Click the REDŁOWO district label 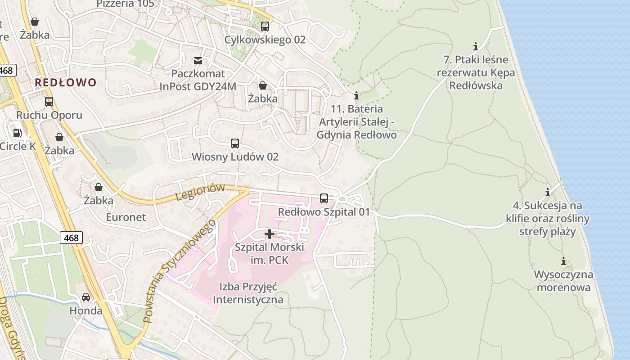66,82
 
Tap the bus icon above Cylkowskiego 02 265,27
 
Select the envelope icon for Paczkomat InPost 198,60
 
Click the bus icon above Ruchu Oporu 49,102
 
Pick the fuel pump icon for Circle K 18,133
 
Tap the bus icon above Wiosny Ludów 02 235,144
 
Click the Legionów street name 200,192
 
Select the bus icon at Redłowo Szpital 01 324,198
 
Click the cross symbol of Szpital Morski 270,234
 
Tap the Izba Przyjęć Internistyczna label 248,293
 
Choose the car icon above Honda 85,297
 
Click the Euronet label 126,217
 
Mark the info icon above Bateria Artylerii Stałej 356,95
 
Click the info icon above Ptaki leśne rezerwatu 476,46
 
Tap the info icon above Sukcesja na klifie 548,193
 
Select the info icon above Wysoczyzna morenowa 563,261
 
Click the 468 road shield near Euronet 71,238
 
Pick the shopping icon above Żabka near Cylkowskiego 263,85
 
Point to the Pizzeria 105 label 125,4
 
